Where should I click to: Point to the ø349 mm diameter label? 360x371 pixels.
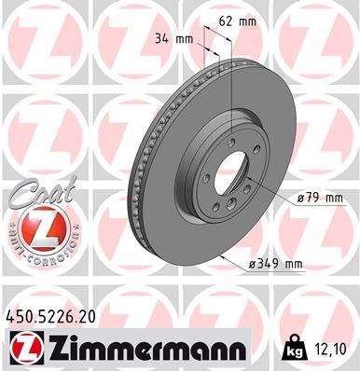tap(278, 265)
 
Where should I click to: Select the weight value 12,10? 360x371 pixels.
tap(329, 350)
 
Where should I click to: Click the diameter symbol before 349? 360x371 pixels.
tap(256, 266)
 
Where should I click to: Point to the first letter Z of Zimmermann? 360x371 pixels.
tap(58, 350)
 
